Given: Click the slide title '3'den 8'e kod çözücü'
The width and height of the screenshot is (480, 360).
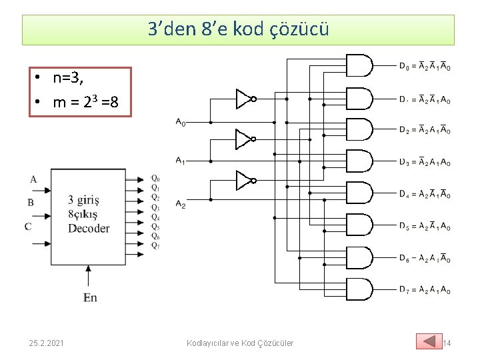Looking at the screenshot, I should tap(238, 30).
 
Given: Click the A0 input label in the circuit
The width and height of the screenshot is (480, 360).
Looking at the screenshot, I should tap(181, 122).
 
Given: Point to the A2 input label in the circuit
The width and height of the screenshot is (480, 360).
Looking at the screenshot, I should tap(181, 203).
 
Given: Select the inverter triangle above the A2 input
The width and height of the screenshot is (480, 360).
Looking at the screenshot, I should tap(243, 180).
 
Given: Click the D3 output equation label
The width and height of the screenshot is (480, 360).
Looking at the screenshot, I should tap(425, 163).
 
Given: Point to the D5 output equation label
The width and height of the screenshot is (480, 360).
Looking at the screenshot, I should tap(425, 227).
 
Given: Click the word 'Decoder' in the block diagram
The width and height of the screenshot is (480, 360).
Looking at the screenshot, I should tap(89, 229).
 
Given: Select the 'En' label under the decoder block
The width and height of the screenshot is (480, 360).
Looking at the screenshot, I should tap(90, 297).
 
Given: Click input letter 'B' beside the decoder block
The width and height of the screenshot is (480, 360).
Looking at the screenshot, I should tap(31, 202).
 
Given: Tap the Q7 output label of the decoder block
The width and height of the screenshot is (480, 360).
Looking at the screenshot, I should tap(155, 245).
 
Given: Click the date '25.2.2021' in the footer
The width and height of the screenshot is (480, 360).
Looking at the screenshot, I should tap(47, 343).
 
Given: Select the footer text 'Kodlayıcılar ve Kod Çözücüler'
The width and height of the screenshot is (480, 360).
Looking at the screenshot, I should tap(240, 343).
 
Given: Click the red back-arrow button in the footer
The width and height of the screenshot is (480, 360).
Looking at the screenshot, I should tap(429, 341).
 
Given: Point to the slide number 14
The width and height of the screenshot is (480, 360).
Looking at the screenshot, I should tap(447, 343).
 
